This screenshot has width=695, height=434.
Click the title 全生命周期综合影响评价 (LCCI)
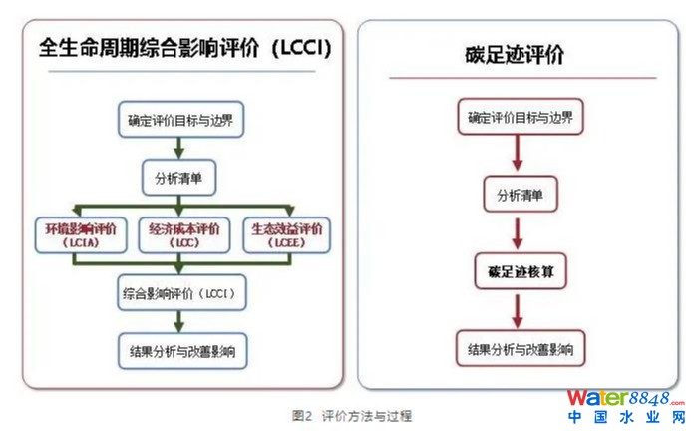point(184,48)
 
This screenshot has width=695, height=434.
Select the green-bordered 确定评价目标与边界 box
point(179,119)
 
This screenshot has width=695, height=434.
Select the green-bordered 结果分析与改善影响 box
point(179,351)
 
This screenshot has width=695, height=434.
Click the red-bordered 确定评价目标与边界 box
point(519,118)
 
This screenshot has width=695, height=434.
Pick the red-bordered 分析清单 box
point(519,195)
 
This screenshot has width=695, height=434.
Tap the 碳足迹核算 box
point(519,271)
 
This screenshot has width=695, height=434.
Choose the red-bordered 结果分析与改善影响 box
point(519,350)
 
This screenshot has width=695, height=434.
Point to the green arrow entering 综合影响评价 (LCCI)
point(179,266)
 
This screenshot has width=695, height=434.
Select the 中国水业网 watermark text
point(626,420)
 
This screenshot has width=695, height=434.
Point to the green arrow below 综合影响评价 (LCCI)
point(179,322)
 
